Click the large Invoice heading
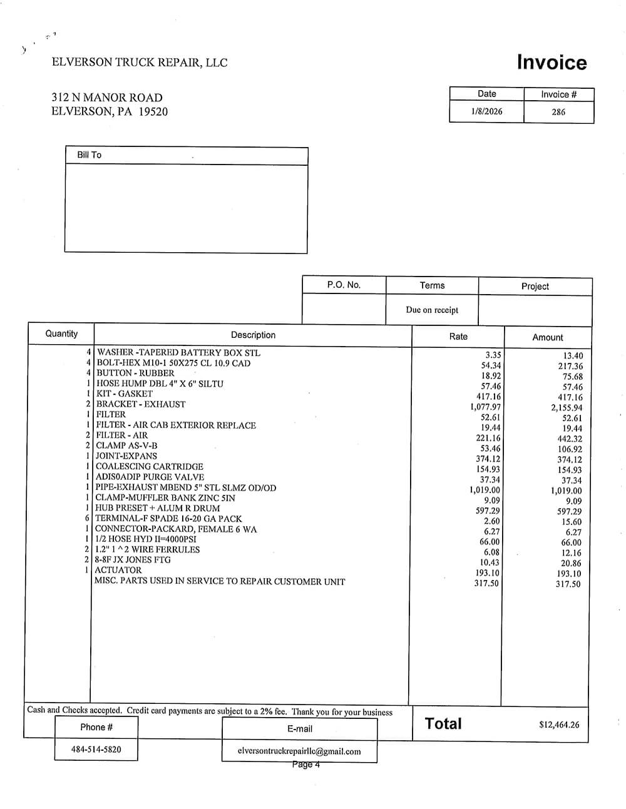click(x=552, y=63)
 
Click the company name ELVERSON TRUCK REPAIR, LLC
click(x=140, y=63)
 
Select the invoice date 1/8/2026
click(x=486, y=111)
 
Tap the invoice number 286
click(x=558, y=112)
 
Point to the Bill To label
click(x=89, y=155)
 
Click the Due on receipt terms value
click(x=432, y=310)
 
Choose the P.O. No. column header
click(x=344, y=285)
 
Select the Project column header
click(x=535, y=286)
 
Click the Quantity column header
click(x=61, y=333)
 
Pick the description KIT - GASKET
click(x=124, y=394)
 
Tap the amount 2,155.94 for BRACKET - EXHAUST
click(x=567, y=408)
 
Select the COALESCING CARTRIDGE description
click(x=149, y=466)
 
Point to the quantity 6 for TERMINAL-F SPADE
click(x=88, y=519)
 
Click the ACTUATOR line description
click(x=118, y=570)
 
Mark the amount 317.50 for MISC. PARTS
click(x=568, y=584)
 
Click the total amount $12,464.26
click(x=559, y=725)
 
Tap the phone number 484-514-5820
click(x=96, y=749)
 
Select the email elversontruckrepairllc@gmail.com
click(x=299, y=751)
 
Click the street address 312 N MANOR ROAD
click(x=107, y=98)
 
